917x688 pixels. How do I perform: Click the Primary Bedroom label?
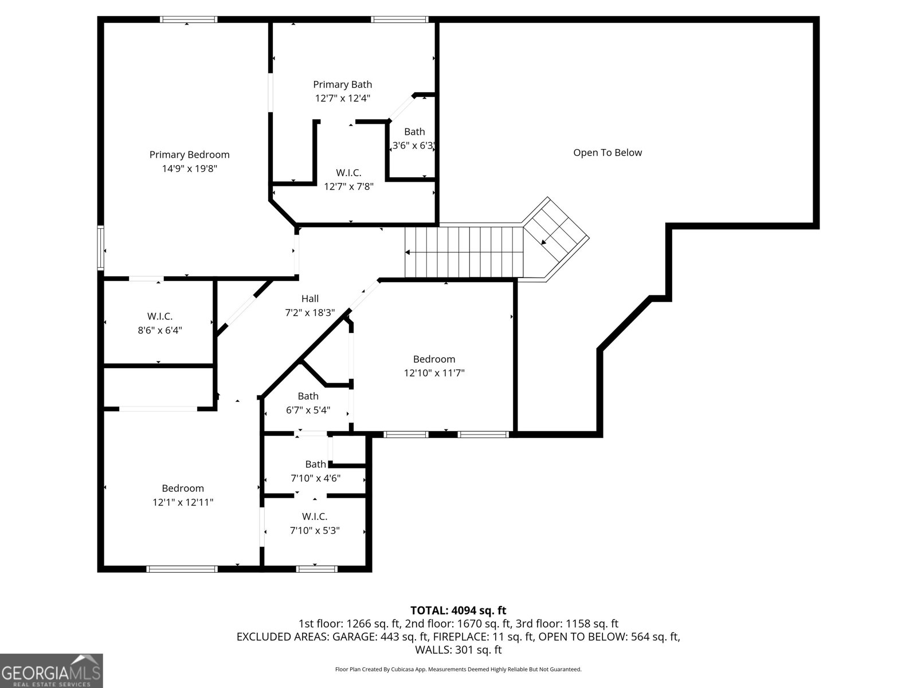(189, 154)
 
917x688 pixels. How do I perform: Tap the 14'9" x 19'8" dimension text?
(189, 169)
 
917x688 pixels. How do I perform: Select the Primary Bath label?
(342, 84)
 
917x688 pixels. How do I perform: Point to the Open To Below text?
(608, 153)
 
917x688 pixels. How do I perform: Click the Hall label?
(310, 298)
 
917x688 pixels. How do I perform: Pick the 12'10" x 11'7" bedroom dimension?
(434, 373)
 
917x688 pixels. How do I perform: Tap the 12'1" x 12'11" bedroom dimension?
(183, 502)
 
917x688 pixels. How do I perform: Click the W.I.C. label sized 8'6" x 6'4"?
(159, 316)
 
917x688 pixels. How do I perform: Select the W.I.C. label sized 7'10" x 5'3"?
(314, 517)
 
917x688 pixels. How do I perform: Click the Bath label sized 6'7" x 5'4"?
(308, 396)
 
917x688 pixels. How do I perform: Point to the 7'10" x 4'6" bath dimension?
(315, 478)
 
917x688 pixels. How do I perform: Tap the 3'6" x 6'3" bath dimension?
(413, 146)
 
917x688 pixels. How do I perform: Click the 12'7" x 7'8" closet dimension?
(348, 186)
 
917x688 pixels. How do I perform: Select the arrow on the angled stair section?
(543, 243)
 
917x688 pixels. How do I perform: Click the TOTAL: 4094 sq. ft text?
(458, 611)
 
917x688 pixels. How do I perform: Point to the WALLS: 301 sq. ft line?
(458, 650)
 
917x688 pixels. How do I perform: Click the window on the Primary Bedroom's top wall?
(189, 19)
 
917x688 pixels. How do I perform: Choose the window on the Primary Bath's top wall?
(399, 19)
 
